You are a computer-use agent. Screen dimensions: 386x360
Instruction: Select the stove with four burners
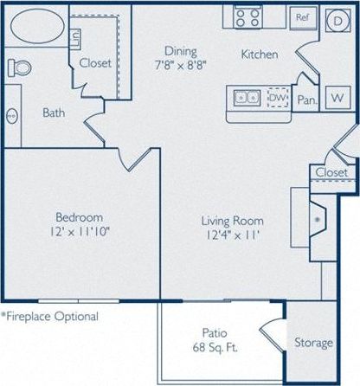(246, 16)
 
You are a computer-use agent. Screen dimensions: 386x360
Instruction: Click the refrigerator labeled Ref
(303, 17)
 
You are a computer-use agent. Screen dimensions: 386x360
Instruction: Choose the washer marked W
(337, 99)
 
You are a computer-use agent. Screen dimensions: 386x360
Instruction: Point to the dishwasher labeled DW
(278, 99)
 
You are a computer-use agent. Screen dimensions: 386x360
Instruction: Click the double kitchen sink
(244, 98)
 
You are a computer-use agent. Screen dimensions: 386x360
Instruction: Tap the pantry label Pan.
(306, 100)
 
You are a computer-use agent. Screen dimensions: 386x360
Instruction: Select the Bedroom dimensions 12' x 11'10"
(80, 231)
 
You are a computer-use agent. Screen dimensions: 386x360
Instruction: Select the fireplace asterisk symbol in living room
(318, 220)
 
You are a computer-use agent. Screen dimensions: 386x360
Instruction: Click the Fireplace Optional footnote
(49, 317)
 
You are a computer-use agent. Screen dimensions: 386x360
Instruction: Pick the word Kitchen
(260, 55)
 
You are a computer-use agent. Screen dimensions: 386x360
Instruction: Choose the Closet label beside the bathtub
(93, 62)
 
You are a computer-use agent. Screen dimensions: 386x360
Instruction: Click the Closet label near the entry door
(331, 172)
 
